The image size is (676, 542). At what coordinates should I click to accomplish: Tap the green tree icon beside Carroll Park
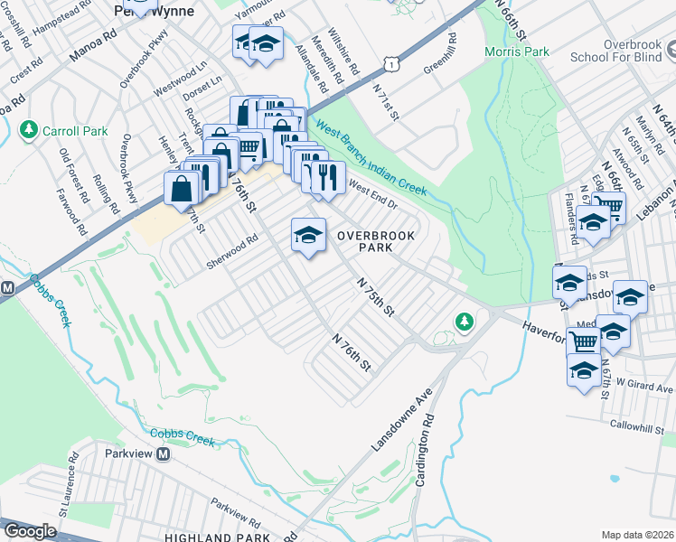pos(29,131)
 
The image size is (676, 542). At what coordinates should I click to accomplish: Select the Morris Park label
pos(517,51)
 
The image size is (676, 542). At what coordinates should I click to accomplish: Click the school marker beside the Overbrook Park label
pos(308,236)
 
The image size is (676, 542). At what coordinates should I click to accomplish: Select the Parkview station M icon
pos(164,453)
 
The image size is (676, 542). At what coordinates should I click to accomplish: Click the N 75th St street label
pos(377,296)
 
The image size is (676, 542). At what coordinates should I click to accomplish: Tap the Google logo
pos(30,531)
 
